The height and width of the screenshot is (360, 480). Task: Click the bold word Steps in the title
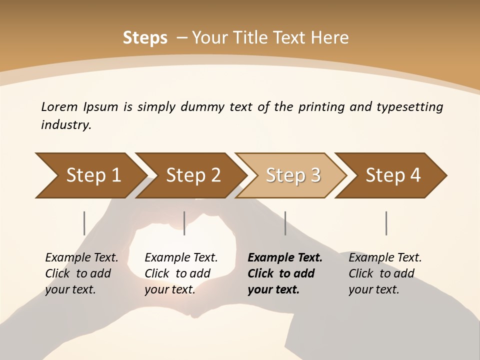(145, 38)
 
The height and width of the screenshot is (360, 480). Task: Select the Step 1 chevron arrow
(90, 175)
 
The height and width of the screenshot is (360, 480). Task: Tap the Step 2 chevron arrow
(192, 175)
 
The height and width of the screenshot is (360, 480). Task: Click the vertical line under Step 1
(84, 223)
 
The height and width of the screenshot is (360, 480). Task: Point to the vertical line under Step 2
(184, 223)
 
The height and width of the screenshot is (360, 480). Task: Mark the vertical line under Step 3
(285, 223)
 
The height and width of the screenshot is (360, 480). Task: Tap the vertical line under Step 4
(386, 223)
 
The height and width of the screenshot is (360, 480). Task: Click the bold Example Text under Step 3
(285, 257)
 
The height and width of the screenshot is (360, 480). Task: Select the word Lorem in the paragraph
(59, 106)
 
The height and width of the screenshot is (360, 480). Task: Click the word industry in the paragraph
(65, 125)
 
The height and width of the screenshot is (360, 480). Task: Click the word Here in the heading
(329, 38)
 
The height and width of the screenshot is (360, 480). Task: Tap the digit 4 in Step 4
(415, 175)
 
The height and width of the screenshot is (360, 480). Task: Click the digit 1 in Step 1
(116, 175)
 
